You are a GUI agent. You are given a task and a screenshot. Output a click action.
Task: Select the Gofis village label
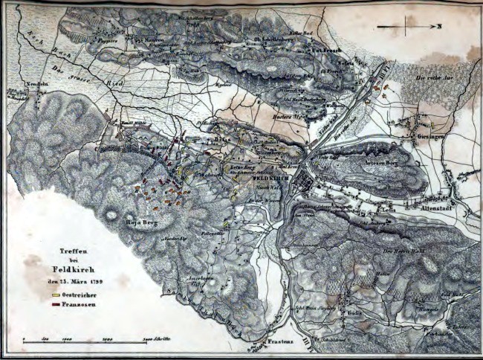pos(351,313)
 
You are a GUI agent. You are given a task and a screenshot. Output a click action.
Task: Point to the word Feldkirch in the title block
pos(78,269)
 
